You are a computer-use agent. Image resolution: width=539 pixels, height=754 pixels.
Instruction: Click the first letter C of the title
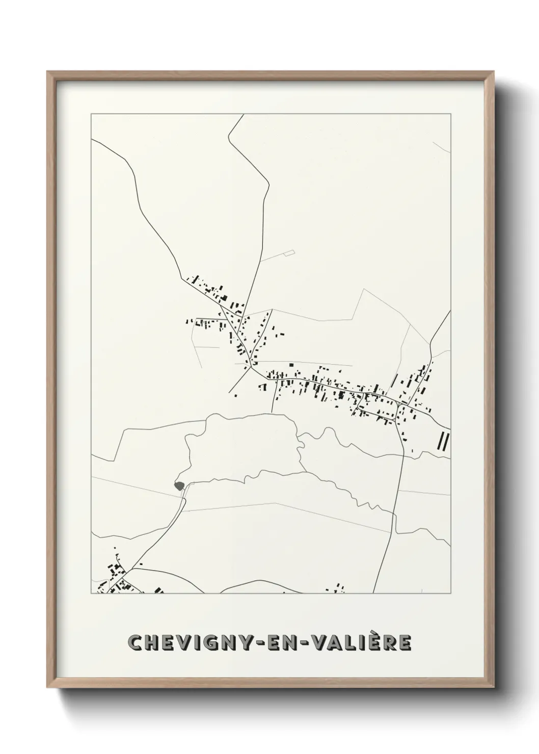(135, 643)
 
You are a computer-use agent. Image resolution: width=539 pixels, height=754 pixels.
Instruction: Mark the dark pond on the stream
(178, 486)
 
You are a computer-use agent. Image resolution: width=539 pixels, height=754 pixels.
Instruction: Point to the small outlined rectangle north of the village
(289, 252)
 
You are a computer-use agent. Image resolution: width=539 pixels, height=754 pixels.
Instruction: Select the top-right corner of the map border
(450, 115)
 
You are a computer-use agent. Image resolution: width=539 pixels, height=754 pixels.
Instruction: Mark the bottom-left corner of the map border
(91, 593)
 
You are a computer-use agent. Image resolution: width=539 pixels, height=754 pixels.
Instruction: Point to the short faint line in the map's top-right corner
(441, 147)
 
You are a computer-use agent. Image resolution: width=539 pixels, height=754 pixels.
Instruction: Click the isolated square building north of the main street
(291, 365)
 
